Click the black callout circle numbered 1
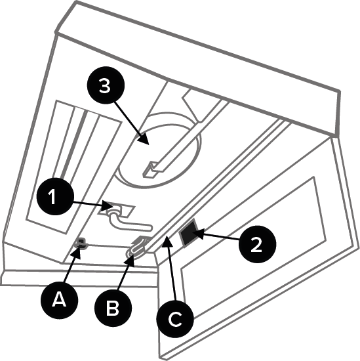click(x=56, y=196)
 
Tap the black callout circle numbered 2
click(x=257, y=244)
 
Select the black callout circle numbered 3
click(x=106, y=85)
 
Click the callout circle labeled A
click(x=60, y=300)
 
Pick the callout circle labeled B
click(x=113, y=308)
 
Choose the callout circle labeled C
click(x=175, y=318)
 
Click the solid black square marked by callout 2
click(x=189, y=233)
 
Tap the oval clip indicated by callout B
click(x=136, y=249)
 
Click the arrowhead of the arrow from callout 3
click(x=144, y=138)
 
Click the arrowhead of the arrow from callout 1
click(x=109, y=205)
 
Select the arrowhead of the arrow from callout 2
click(x=199, y=234)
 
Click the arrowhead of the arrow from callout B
click(x=130, y=261)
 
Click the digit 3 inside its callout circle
click(x=105, y=85)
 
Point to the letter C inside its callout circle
click(x=175, y=319)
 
